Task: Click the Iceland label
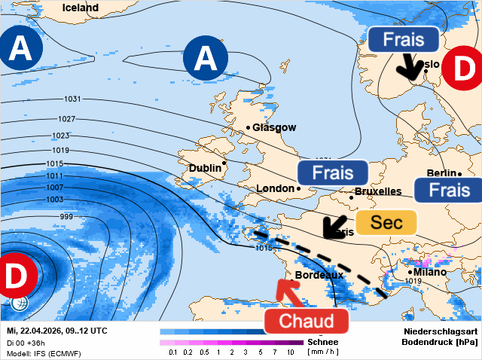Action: (x=80, y=8)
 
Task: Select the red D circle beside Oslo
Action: (x=462, y=69)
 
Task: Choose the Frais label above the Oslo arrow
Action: (x=404, y=39)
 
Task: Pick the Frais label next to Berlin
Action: (x=448, y=190)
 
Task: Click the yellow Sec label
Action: (x=386, y=222)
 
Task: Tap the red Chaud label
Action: (x=307, y=321)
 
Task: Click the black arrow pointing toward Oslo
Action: (x=410, y=68)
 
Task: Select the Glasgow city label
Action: (x=274, y=128)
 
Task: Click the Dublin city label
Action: (x=205, y=168)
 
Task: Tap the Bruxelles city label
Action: (x=378, y=191)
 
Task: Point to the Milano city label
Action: (x=430, y=272)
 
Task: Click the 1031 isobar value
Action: (x=73, y=99)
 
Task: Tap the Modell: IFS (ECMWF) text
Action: (x=44, y=353)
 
